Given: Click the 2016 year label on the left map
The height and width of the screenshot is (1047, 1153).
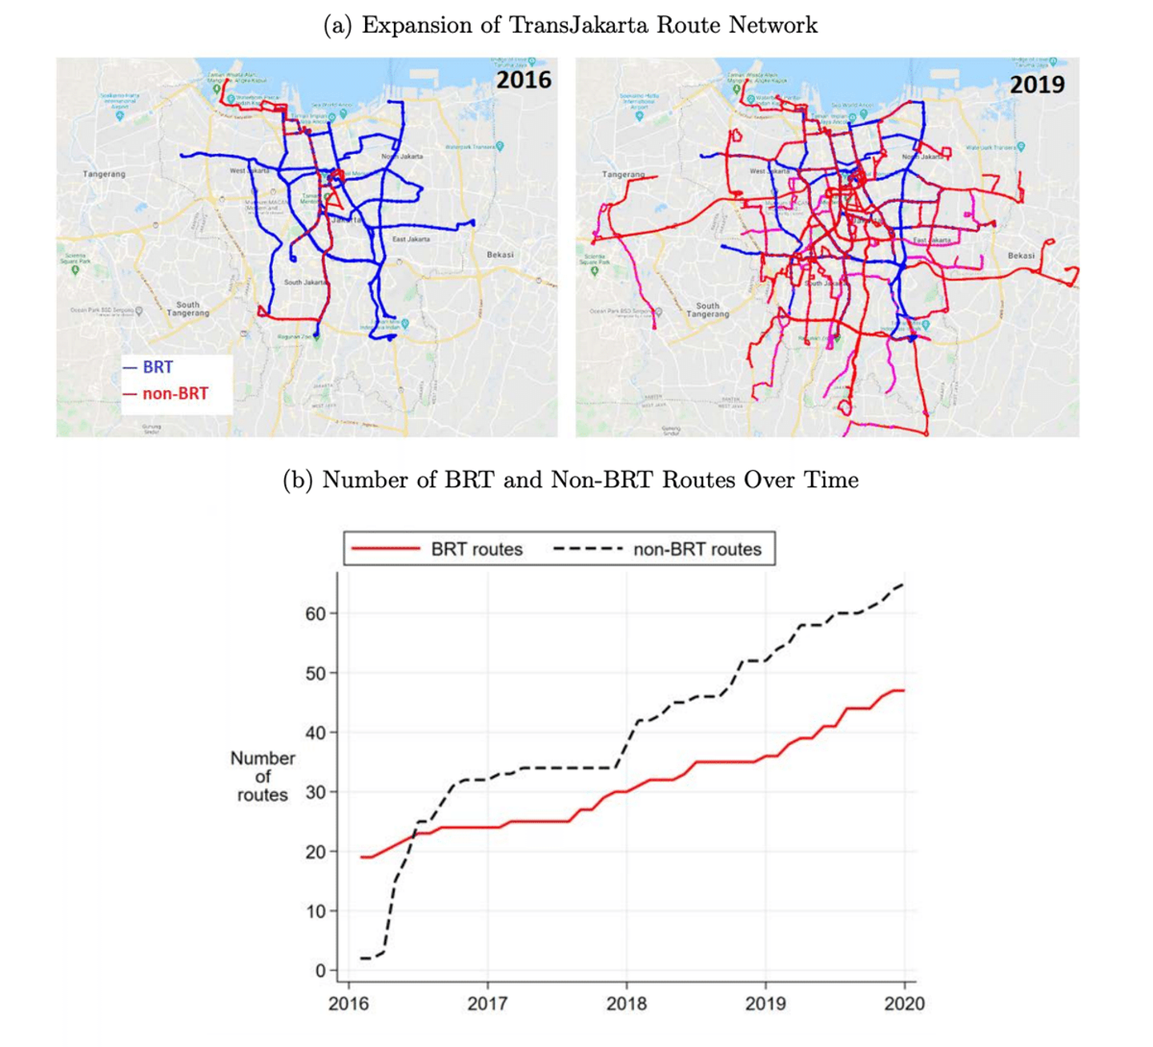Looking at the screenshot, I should pos(524,80).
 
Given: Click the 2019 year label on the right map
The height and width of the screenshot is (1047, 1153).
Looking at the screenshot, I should pos(1037,84).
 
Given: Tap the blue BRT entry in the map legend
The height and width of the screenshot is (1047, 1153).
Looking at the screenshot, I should pos(157,367).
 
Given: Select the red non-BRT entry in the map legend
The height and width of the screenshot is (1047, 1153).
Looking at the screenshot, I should pos(175,393).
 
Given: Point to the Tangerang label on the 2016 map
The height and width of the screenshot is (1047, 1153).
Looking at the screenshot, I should pos(104,174).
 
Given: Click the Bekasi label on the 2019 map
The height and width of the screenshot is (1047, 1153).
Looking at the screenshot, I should pos(1021,256).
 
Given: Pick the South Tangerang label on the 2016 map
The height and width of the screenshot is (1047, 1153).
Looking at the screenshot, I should pos(187,308).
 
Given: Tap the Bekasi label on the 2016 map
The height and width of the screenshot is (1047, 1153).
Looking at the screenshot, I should pos(500,255).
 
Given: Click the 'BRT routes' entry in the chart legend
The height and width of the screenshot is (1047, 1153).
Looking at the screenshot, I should pos(476,550).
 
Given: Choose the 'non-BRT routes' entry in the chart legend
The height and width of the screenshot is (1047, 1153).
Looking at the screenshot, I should pos(697,550).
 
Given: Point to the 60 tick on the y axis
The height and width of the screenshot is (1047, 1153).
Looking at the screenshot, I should pos(315,614).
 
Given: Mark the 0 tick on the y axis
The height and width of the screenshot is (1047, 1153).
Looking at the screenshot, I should pos(320,971).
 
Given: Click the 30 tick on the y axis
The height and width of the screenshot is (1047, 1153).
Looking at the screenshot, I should pos(315,792).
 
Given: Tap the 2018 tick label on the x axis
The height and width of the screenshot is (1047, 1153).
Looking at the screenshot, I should pos(626,1004).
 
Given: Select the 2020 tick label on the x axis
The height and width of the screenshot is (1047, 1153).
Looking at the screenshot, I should pos(904,1004).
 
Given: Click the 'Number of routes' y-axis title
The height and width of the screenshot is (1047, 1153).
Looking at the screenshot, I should pos(263,776).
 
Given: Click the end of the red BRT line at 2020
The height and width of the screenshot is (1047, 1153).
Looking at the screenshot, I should pos(903,691).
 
